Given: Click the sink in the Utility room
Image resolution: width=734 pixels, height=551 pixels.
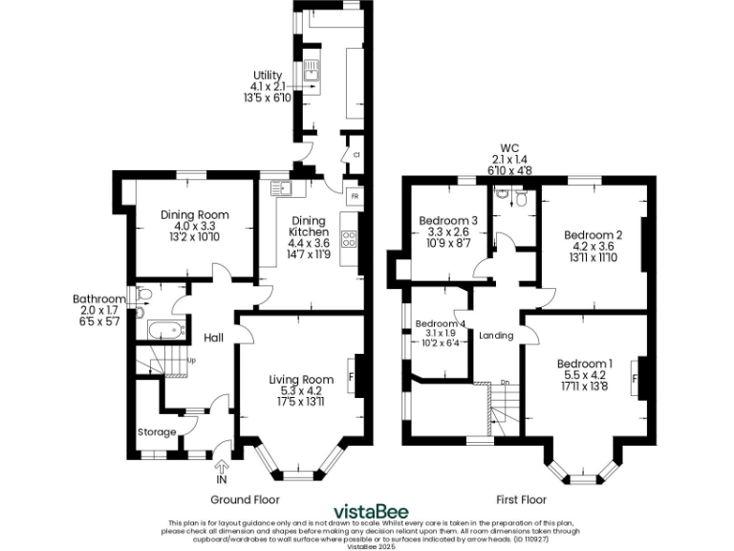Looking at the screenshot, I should [x=312, y=71].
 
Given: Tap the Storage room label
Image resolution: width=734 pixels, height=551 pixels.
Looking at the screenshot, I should [x=156, y=432].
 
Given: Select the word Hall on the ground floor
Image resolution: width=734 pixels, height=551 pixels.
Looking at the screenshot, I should [x=213, y=338].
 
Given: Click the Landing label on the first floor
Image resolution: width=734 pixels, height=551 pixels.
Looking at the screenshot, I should [x=496, y=336].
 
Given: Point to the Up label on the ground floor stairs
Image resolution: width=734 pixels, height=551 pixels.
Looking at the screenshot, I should [x=191, y=361].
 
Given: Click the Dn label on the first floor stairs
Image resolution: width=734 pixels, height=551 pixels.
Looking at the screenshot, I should [x=504, y=384].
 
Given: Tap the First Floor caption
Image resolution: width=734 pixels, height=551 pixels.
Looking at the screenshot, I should [x=521, y=499].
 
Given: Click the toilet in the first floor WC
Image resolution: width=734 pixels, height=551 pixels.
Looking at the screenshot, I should [x=521, y=198].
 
